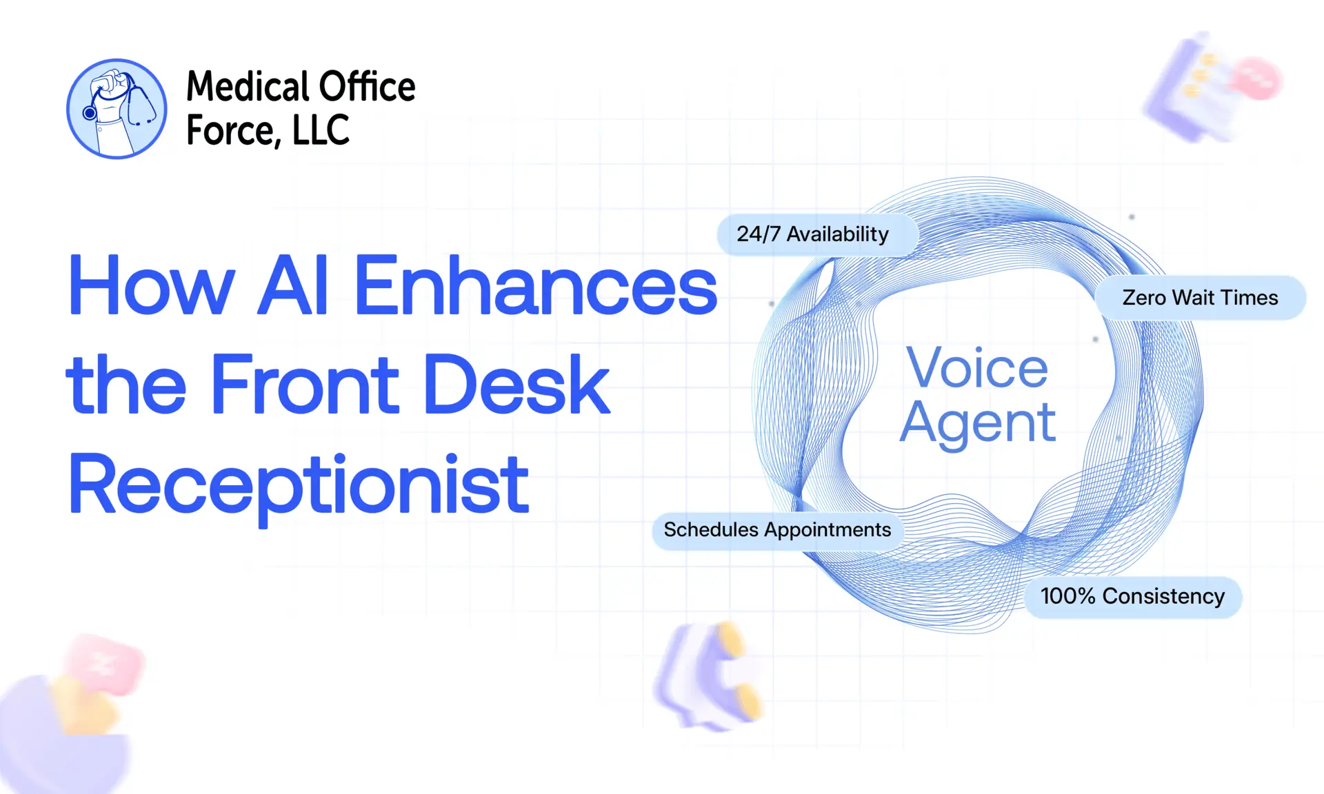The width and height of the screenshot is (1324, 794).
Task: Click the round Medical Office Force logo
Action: tap(117, 109)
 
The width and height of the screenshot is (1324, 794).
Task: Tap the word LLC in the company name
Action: tap(321, 130)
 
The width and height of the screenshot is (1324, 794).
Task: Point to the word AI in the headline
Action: tap(293, 285)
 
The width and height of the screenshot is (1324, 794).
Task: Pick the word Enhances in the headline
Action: tap(535, 285)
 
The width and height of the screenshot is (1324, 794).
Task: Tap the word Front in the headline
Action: tap(305, 384)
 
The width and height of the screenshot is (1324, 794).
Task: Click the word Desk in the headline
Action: tap(516, 384)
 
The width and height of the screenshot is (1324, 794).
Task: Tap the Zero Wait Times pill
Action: tap(1200, 298)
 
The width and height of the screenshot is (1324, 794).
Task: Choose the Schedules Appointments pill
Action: tap(777, 530)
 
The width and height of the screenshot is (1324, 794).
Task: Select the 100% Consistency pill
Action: tap(1132, 597)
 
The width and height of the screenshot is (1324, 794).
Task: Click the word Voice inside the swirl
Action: tap(977, 368)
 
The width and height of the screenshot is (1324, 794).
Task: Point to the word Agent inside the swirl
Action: tap(977, 423)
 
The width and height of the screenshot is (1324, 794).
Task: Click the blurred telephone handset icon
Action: tap(710, 675)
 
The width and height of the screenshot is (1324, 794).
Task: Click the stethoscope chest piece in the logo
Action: tap(90, 113)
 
